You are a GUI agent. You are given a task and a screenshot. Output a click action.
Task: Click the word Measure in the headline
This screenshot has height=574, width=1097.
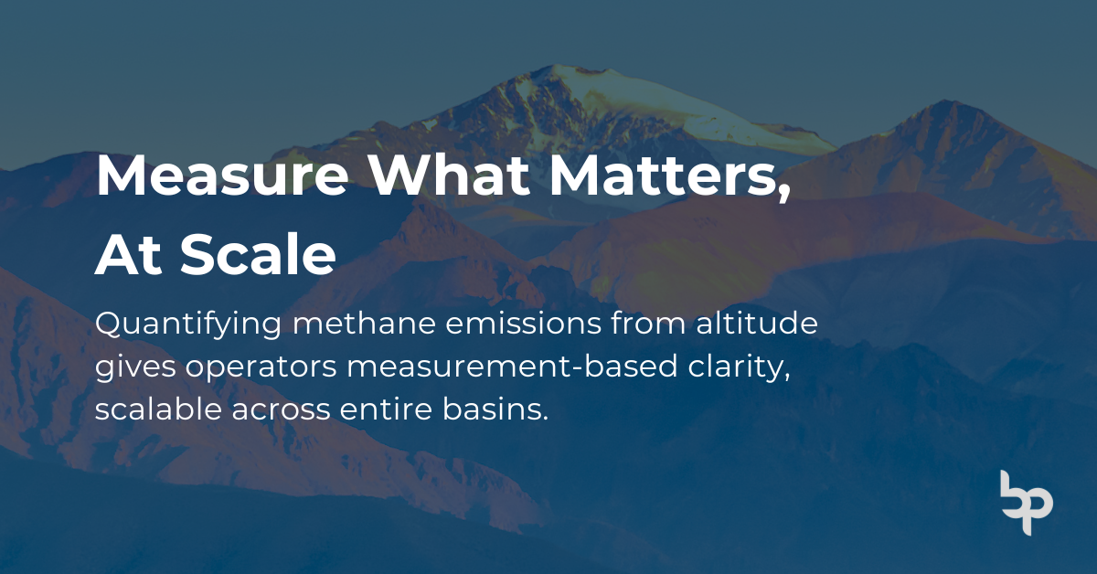coord(222,175)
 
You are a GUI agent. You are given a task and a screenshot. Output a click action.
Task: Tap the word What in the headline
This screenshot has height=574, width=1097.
coord(449,175)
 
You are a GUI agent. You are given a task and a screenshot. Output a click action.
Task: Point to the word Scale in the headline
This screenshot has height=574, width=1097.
coord(258,254)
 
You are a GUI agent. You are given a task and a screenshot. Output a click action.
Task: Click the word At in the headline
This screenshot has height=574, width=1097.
coord(128,255)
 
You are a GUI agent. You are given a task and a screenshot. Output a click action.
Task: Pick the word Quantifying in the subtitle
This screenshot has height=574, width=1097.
coord(188,325)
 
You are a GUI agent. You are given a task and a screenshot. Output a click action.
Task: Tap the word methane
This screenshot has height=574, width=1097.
coord(364,324)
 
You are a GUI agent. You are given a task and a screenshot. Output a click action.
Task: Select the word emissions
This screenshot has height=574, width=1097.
coord(523,324)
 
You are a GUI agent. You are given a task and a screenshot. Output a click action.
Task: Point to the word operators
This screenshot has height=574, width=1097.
coord(261,367)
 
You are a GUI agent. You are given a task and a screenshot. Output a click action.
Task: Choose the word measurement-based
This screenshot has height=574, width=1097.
coord(512,366)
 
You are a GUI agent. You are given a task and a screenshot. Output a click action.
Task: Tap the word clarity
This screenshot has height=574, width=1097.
coord(739,367)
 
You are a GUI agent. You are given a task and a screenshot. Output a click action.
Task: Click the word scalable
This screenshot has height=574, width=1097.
coord(158,409)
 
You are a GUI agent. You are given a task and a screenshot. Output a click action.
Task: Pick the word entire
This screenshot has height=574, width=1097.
coord(386,409)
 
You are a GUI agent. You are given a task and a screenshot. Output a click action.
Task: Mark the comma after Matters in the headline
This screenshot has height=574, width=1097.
coord(784,193)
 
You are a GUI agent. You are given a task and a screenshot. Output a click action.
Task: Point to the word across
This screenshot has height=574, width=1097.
coord(282,410)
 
